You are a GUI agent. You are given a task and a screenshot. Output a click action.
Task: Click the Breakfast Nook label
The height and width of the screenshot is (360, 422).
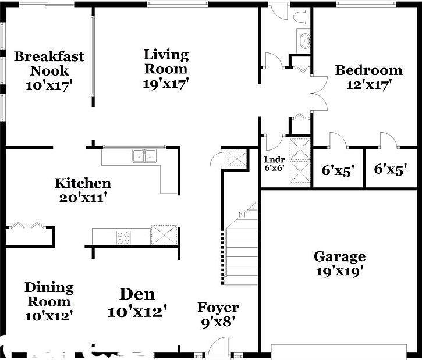[x=49, y=63]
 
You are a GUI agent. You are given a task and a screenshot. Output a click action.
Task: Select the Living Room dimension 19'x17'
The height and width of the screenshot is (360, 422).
[x=166, y=83]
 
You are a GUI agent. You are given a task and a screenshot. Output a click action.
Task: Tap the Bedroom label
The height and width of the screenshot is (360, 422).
[x=368, y=70]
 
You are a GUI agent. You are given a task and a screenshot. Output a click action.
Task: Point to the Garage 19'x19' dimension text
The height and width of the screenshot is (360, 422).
[x=339, y=270]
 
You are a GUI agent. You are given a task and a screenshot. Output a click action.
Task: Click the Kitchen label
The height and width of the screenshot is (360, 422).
[x=83, y=184]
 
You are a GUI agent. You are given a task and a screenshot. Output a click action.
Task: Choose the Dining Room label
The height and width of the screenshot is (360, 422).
[x=49, y=294]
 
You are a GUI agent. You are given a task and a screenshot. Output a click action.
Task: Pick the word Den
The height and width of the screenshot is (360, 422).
[x=137, y=294]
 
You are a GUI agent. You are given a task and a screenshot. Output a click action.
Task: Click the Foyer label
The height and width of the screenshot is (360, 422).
[x=218, y=308]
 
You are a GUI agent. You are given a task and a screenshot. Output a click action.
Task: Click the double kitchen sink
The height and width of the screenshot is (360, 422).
[x=144, y=155]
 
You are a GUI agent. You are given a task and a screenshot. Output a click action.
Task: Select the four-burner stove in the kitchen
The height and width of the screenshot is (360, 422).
[x=123, y=237]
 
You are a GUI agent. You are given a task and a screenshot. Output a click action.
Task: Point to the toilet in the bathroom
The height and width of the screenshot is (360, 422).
[x=302, y=16]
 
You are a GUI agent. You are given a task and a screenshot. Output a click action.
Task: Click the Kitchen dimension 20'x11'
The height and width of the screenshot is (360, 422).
[x=83, y=198]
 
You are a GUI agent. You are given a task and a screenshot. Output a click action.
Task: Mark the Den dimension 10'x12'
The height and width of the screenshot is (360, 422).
[x=137, y=312]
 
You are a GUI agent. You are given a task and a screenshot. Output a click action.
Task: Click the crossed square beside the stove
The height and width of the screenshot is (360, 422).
[x=162, y=236]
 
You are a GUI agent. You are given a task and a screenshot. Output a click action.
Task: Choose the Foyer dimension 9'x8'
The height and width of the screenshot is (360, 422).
[x=218, y=322]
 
